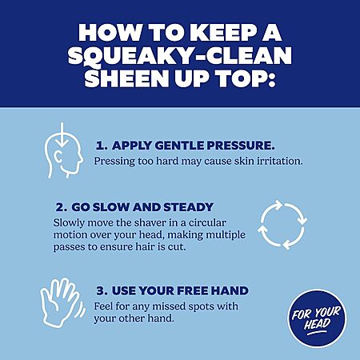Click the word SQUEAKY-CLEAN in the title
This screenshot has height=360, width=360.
[x=180, y=56]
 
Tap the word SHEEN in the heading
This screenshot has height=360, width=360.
[x=126, y=78]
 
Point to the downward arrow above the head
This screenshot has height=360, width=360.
[x=62, y=135]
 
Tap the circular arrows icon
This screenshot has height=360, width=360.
[x=282, y=225]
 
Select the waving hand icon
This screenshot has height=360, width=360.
[x=62, y=302]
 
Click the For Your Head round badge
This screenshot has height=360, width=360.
[x=317, y=318]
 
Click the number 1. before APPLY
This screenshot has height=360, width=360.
[x=102, y=146]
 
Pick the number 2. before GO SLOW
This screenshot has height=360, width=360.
[x=62, y=207]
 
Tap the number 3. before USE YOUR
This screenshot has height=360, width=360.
[x=102, y=290]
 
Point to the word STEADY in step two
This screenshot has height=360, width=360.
[x=189, y=207]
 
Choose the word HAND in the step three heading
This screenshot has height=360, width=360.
[x=230, y=290]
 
